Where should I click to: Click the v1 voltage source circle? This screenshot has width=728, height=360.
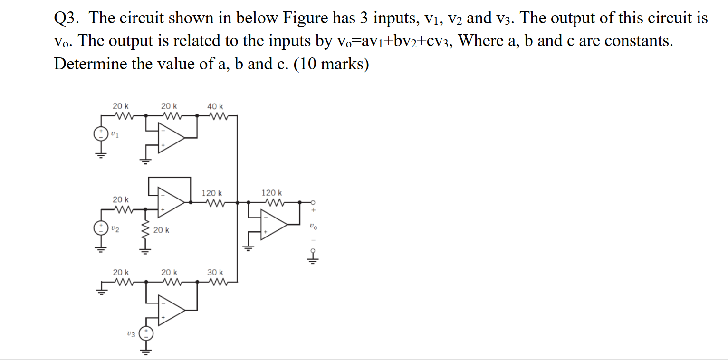pos(100,134)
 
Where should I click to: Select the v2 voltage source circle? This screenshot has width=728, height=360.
pos(100,228)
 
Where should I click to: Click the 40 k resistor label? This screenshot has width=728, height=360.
pos(215,106)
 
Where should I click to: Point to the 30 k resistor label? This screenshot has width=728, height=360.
pos(215,272)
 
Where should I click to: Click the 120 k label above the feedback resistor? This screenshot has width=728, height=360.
pos(271,193)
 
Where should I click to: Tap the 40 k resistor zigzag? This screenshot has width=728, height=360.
pos(218,115)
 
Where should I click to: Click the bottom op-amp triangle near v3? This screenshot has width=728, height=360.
pos(171,310)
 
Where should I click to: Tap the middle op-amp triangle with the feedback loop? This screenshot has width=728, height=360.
pos(171,202)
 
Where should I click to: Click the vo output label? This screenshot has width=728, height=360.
pos(312,227)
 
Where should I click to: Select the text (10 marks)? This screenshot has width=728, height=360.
pos(331,63)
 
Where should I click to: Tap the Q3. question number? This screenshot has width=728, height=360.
pos(68,18)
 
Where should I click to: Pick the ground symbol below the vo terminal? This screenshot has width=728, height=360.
pos(312,259)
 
